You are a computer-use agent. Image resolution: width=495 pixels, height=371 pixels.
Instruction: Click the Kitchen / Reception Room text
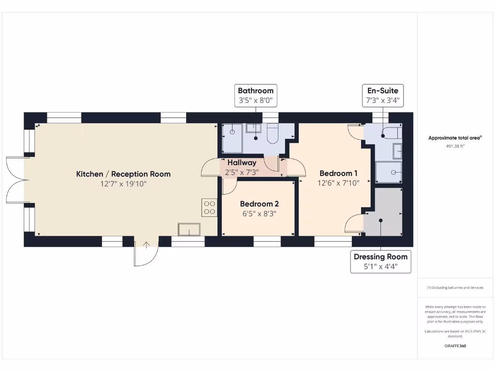(123, 174)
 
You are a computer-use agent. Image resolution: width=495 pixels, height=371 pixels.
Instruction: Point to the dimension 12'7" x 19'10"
(123, 184)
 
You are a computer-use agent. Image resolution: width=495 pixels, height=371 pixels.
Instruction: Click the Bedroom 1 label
(338, 173)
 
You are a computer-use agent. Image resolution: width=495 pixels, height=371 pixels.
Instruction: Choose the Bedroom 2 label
(259, 204)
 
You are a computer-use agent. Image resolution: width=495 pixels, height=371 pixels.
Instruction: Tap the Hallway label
(242, 163)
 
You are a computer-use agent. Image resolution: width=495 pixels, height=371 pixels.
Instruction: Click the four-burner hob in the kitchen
(210, 208)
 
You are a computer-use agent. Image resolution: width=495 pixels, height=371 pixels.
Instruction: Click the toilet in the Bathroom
(272, 133)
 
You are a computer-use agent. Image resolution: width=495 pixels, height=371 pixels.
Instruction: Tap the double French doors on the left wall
(15, 180)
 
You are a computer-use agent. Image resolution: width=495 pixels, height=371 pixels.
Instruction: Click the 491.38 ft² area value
(455, 145)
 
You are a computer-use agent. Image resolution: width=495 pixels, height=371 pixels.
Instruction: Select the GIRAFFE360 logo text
(455, 346)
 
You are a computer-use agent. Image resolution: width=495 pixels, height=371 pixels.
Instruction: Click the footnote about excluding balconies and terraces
(455, 287)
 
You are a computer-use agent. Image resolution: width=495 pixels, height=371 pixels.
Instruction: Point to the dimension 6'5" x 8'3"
(259, 213)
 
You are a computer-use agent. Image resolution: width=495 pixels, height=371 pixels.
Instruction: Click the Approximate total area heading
(455, 138)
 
